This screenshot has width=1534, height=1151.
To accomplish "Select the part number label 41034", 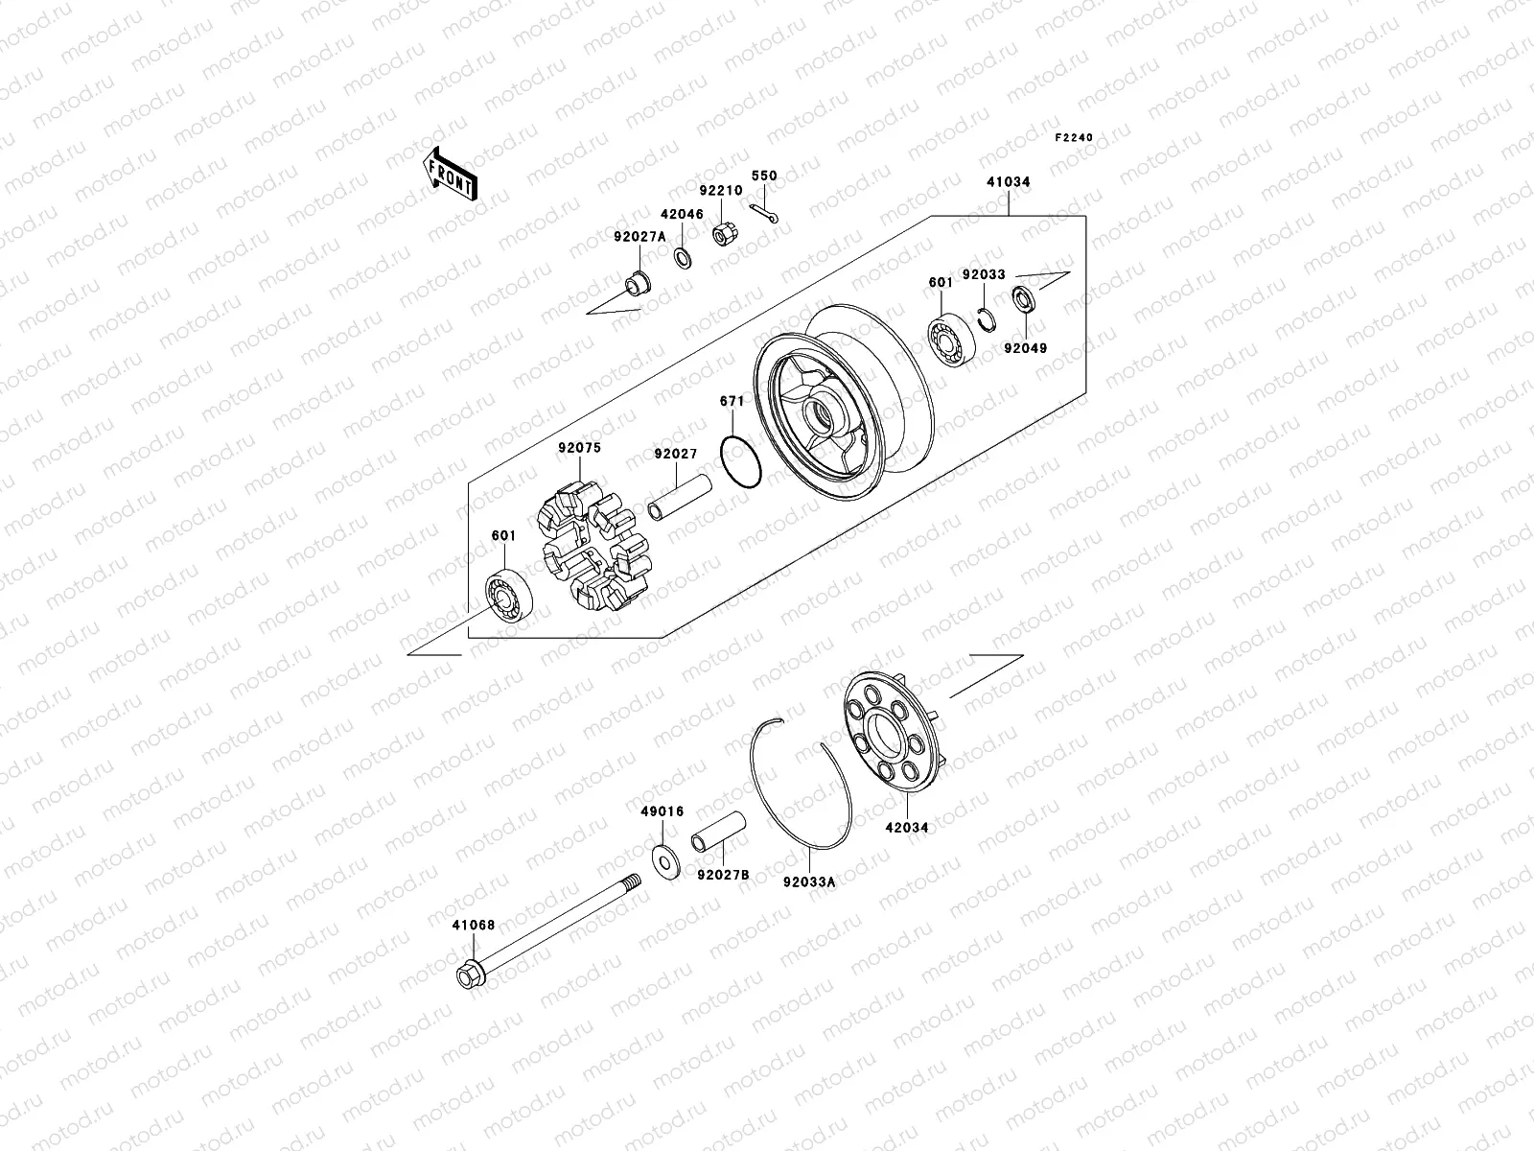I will [x=1007, y=181].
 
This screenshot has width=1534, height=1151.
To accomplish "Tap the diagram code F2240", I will [x=1074, y=138].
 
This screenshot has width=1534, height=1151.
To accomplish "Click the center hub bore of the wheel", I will [x=825, y=417].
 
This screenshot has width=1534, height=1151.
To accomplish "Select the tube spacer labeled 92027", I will [x=679, y=496].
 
